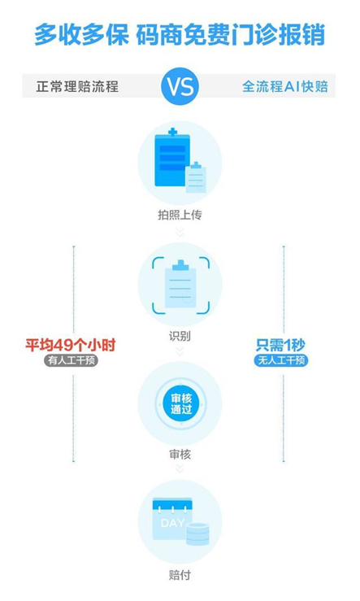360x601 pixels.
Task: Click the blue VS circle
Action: (180, 86)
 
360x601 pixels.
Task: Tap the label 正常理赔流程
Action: (77, 86)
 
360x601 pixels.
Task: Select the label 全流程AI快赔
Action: (285, 86)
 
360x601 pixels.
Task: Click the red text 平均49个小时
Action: (71, 346)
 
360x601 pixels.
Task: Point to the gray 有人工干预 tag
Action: (71, 360)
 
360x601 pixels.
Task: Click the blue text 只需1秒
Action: (280, 346)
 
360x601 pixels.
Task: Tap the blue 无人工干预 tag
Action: (280, 360)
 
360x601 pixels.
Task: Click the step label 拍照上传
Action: (180, 215)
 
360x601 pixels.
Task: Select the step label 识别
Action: (180, 336)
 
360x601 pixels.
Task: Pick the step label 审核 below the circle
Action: (180, 455)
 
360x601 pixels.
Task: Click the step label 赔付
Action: (180, 575)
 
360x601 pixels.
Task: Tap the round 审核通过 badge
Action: (180, 404)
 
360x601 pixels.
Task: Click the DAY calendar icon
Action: (172, 519)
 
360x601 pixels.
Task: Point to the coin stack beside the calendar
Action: (197, 533)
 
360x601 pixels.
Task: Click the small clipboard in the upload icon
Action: (196, 177)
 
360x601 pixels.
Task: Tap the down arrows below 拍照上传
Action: (180, 232)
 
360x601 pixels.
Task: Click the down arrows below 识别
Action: (180, 351)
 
